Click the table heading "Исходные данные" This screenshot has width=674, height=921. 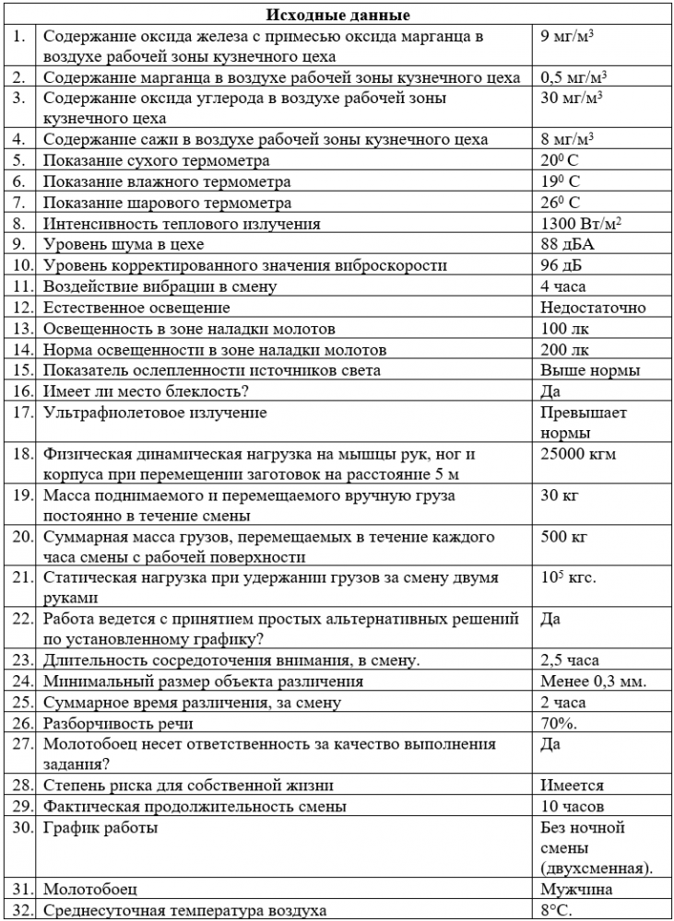click(338, 16)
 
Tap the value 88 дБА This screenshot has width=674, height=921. click(563, 245)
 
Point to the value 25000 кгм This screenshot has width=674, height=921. click(578, 454)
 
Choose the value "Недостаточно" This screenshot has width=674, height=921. click(593, 308)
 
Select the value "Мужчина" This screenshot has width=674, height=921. click(576, 890)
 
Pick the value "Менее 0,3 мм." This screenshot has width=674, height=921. click(592, 682)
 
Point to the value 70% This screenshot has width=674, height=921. click(559, 723)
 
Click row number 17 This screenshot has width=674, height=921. click(20, 413)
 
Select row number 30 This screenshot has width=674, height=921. click(20, 828)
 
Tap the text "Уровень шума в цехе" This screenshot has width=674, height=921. click(124, 245)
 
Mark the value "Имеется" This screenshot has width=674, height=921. click(572, 786)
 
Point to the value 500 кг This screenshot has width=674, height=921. click(562, 537)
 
